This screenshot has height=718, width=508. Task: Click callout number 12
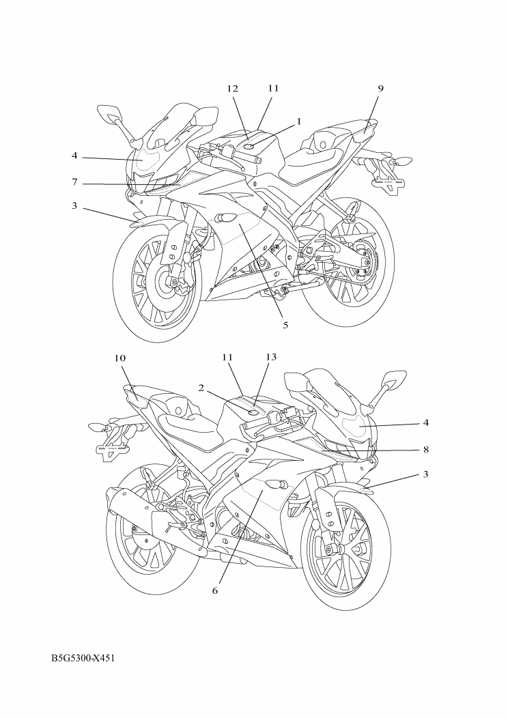click(x=233, y=89)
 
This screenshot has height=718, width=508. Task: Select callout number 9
click(x=380, y=89)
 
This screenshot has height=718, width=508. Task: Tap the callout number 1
click(x=299, y=121)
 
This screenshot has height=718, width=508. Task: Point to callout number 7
click(x=74, y=182)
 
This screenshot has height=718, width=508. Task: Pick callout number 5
click(x=285, y=325)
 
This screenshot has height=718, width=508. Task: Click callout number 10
click(x=119, y=358)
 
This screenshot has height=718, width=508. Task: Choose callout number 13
click(x=271, y=357)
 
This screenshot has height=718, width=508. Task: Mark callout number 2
click(x=201, y=388)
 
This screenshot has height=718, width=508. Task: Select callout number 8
click(x=426, y=450)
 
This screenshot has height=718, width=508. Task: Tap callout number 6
click(x=215, y=590)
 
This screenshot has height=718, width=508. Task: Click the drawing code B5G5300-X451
click(x=83, y=659)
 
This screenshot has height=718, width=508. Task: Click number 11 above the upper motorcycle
click(x=274, y=88)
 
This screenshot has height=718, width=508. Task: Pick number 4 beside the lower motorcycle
click(x=426, y=422)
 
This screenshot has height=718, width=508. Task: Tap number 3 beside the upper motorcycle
click(x=74, y=206)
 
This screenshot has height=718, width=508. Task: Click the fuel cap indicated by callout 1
click(x=251, y=146)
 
